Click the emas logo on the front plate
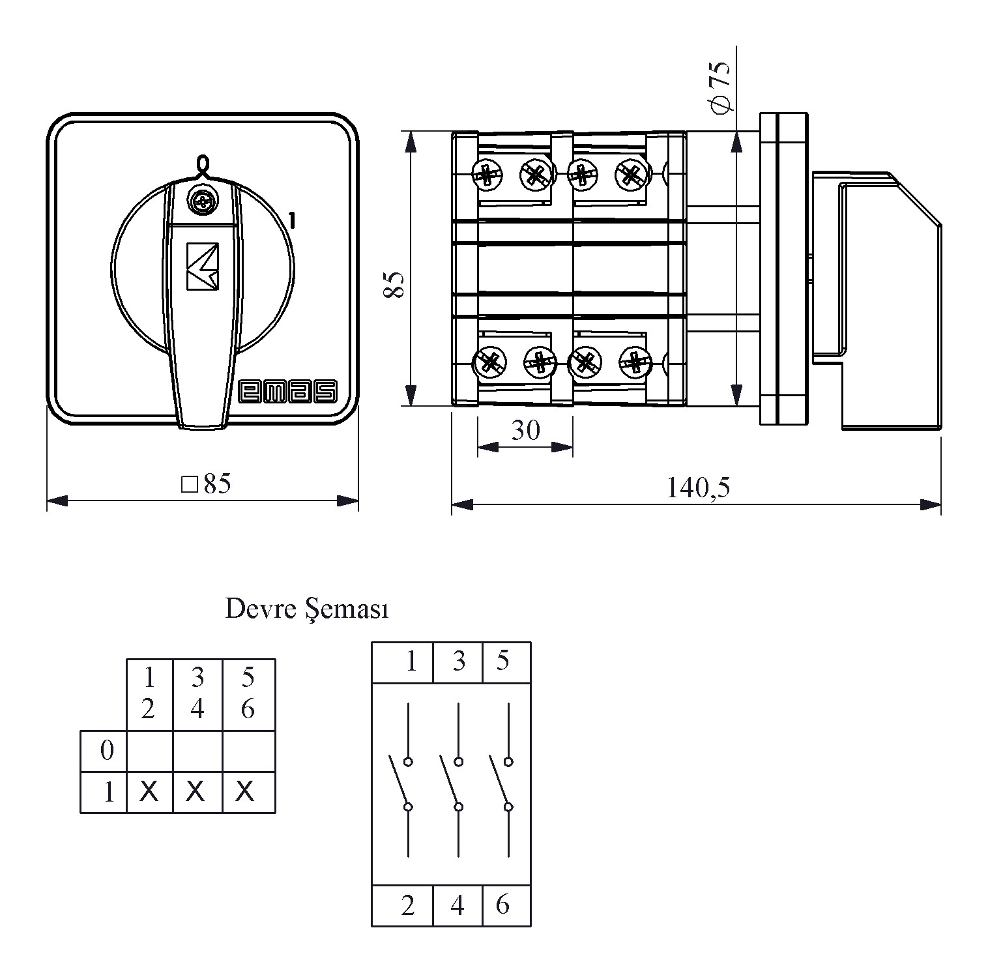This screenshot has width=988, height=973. pos(288,390)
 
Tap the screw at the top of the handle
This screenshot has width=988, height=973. pos(201,202)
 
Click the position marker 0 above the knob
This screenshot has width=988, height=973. pos(203,164)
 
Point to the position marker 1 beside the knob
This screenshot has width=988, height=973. pos(292,221)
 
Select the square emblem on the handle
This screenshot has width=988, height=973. pos(202,267)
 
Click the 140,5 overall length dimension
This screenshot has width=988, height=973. pos(698,487)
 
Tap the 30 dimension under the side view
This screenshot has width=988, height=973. pos(525,430)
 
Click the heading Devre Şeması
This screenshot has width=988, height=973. pos(307,609)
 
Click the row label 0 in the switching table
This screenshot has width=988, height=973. pos(107,751)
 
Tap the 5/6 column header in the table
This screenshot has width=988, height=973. pos(248,693)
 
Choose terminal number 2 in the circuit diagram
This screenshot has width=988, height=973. pos(408,905)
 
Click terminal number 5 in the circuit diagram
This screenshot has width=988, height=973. pos(502,661)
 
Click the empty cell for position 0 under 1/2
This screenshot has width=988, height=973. pos(149,751)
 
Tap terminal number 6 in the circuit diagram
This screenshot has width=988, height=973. pos(502,905)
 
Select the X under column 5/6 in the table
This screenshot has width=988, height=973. pos(245,792)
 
